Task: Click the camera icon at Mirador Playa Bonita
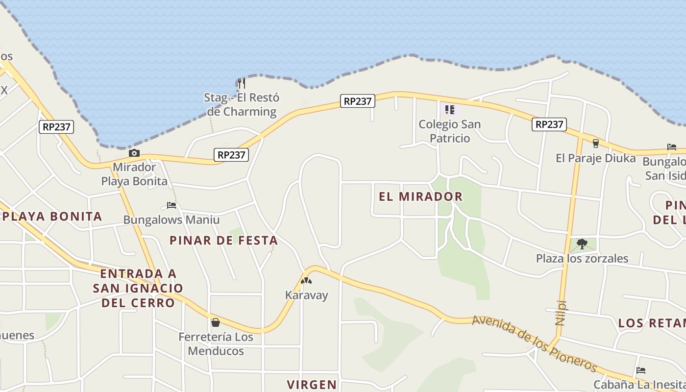[134, 153]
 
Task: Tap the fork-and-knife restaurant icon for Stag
[241, 83]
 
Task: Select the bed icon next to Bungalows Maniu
[171, 205]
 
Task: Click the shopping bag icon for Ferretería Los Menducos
[215, 322]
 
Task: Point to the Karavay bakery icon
[306, 281]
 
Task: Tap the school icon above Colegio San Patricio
[449, 109]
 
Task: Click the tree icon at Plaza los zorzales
[582, 244]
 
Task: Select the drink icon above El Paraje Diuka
[595, 143]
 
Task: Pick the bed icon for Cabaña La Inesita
[640, 370]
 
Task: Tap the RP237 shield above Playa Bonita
[57, 127]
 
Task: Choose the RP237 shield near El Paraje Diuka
[549, 124]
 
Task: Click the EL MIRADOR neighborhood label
[420, 196]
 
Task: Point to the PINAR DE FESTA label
[223, 240]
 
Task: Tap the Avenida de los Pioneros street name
[535, 344]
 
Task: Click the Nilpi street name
[561, 313]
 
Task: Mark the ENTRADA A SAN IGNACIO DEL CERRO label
[138, 288]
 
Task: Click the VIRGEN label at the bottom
[312, 384]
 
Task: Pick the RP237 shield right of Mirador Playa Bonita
[231, 155]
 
